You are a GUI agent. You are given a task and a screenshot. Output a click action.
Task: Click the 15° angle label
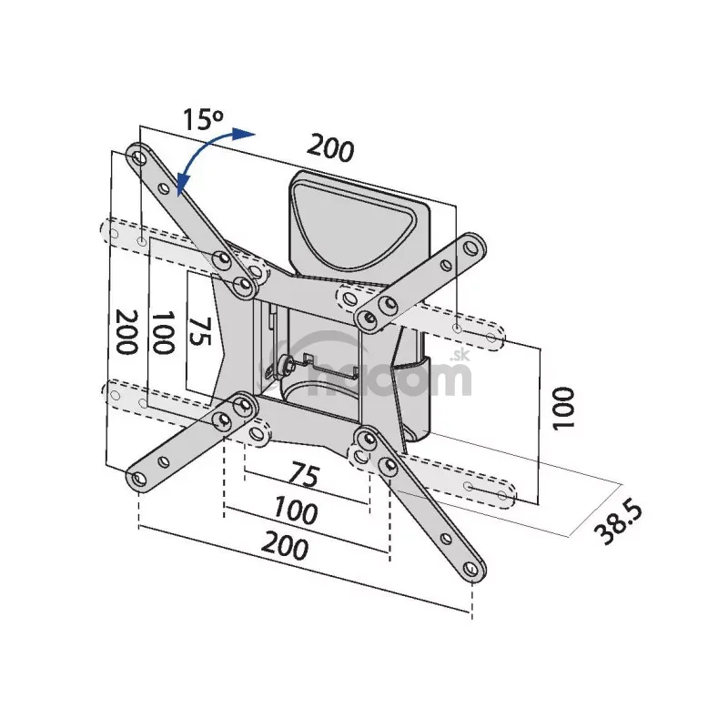click(x=203, y=119)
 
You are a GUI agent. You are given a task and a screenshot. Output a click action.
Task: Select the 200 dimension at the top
click(x=330, y=147)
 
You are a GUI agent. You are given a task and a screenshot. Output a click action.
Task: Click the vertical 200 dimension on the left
click(x=126, y=331)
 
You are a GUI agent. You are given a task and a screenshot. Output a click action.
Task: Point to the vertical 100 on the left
click(x=164, y=332)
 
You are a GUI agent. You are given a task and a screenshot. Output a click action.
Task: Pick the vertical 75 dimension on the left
click(x=200, y=331)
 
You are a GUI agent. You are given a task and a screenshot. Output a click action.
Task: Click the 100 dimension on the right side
click(x=563, y=408)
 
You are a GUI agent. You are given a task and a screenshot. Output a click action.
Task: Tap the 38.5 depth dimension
click(x=619, y=524)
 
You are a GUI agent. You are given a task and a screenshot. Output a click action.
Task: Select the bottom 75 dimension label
click(x=305, y=474)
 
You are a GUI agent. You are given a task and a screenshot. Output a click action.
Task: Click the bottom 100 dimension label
click(x=295, y=510)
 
